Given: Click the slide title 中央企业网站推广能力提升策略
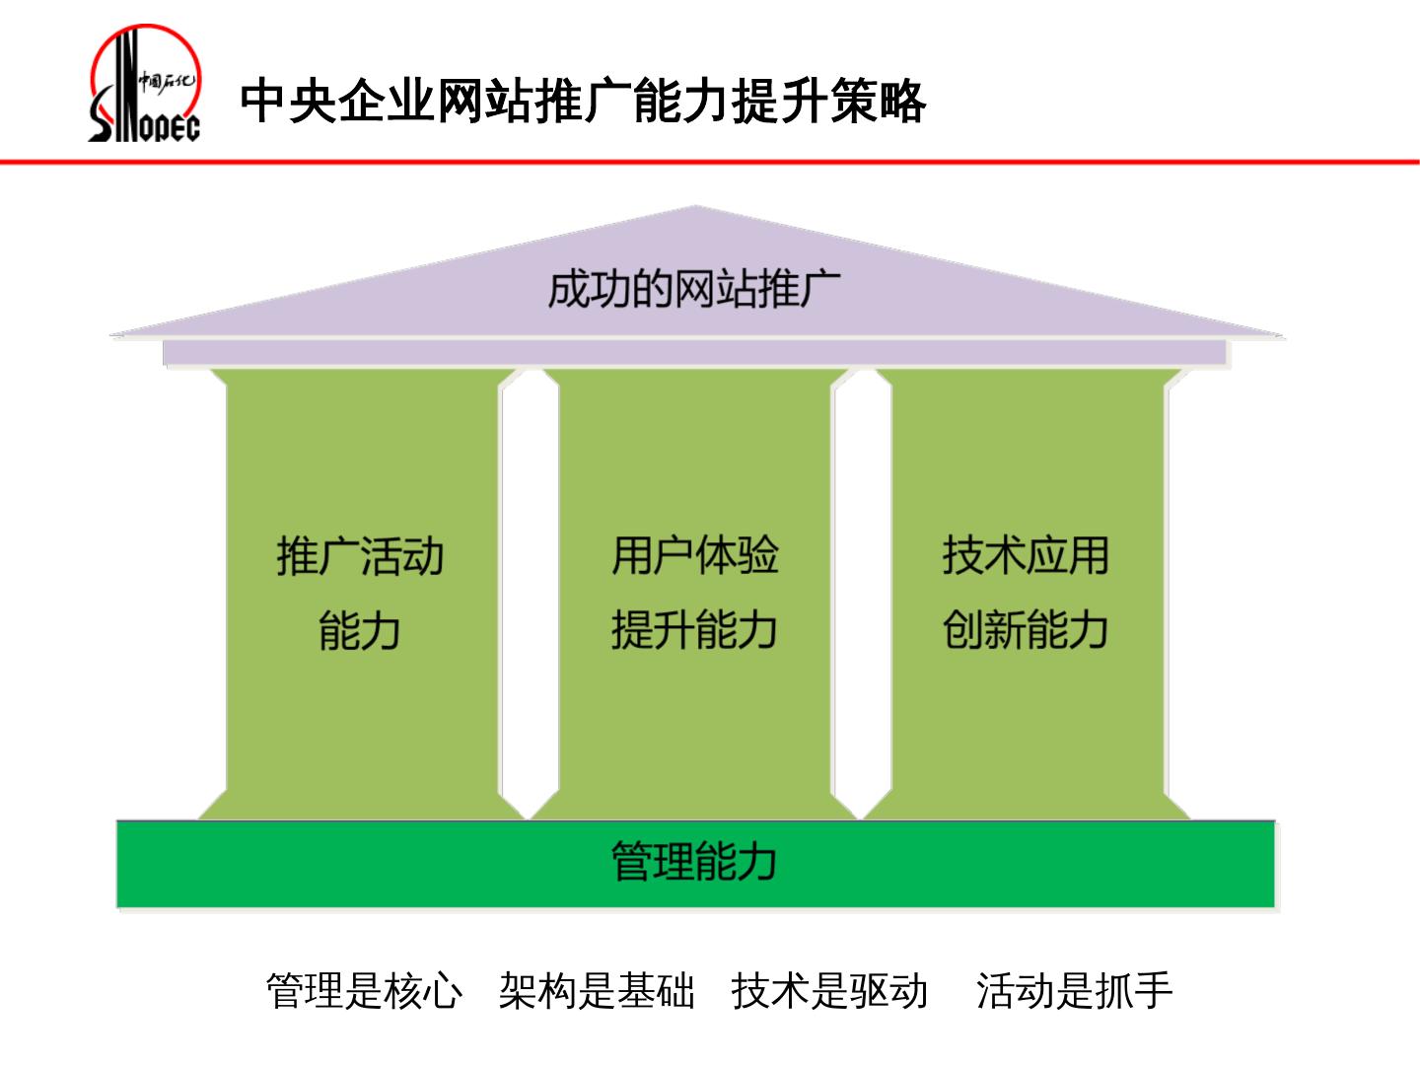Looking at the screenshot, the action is point(582,101).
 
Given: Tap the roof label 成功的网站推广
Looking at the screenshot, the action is point(694,290).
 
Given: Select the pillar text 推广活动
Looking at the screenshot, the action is point(360,556).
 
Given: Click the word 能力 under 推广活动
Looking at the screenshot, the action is point(360,630).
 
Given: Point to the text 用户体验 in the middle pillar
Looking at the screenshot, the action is point(694,555).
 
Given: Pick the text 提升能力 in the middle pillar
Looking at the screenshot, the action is point(694,630).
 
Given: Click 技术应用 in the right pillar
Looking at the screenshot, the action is point(1026,555).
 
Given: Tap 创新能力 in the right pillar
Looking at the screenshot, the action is point(1026,630).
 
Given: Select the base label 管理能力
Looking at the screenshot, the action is point(694,861).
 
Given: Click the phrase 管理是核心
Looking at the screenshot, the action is point(364,991).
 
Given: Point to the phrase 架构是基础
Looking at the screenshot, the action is point(597,991).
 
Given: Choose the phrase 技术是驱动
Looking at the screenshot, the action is point(829,991).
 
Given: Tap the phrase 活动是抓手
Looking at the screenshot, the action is point(1074,991).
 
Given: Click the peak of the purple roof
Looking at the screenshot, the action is point(696,210).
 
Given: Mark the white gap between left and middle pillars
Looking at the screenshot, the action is point(530,592).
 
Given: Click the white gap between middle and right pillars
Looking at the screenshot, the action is point(861,592).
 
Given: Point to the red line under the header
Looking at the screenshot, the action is point(710,162).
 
